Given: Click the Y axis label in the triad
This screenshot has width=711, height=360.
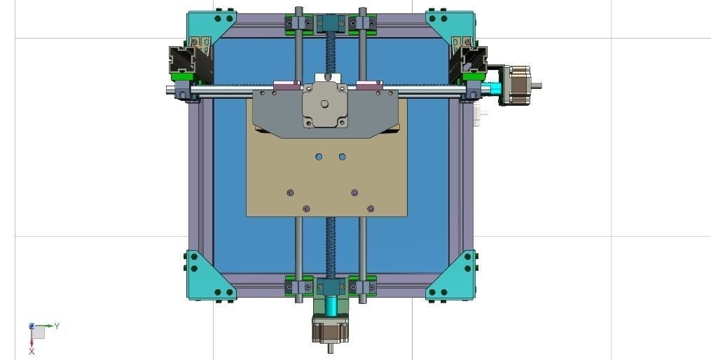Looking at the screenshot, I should (x=57, y=326).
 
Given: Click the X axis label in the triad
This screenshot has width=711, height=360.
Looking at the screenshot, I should (x=32, y=351).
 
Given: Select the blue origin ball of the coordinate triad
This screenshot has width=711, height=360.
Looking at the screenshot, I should (x=32, y=326).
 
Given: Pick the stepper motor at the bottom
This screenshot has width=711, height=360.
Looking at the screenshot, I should (x=329, y=329).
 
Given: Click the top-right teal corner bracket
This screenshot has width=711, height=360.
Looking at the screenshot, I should (x=449, y=26).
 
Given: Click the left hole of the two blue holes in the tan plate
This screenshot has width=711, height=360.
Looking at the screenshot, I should (x=319, y=156).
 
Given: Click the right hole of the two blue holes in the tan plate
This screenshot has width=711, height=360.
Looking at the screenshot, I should (x=342, y=156).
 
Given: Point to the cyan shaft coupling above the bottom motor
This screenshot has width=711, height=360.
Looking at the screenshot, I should (x=329, y=305).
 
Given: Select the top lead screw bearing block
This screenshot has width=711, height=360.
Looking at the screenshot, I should (x=329, y=24).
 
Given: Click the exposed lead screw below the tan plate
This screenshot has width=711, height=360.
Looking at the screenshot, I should (x=329, y=245).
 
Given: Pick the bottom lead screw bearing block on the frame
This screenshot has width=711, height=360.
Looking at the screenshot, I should (x=329, y=286).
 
